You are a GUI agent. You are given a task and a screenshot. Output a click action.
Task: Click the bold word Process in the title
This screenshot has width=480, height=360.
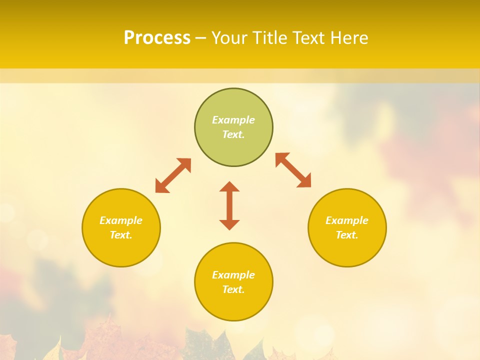pos(157,38)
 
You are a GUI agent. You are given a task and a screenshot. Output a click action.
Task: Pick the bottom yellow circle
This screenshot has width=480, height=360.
pos(233,305)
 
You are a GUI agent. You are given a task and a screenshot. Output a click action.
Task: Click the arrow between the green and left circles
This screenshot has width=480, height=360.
pos(173,175)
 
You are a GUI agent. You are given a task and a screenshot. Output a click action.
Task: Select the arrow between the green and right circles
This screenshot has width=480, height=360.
pos(293,170)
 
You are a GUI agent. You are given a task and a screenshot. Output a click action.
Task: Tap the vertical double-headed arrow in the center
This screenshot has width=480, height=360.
pos(229,205)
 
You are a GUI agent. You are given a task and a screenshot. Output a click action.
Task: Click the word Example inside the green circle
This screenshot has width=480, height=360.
pos(233,120)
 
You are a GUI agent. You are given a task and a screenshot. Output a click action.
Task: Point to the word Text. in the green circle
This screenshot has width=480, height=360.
pos(233,134)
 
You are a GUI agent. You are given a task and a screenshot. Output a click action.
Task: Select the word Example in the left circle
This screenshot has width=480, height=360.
pos(121,220)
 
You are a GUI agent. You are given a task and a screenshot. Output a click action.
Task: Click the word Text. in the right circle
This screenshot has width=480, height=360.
pos(347,235)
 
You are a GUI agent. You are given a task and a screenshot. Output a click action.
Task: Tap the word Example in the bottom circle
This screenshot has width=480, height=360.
pos(233,275)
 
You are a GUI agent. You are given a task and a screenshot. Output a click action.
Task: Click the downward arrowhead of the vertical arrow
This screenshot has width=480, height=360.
pos(229,224)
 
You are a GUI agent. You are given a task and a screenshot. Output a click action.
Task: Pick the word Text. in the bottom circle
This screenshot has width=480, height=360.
pos(233,289)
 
